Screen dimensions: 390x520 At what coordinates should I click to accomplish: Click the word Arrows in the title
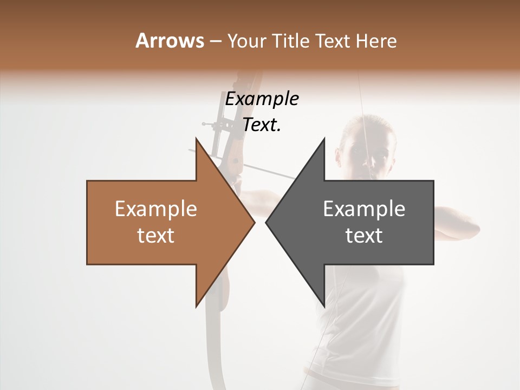pyautogui.click(x=170, y=41)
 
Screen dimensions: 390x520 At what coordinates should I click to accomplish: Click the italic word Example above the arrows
pyautogui.click(x=262, y=99)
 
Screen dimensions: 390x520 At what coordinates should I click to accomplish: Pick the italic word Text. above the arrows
pyautogui.click(x=262, y=125)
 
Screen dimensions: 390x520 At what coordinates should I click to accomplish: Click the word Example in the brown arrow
pyautogui.click(x=155, y=209)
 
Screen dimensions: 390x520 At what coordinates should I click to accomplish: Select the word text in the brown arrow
pyautogui.click(x=155, y=235)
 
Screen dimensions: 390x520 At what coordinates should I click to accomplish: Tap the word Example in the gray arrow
pyautogui.click(x=364, y=209)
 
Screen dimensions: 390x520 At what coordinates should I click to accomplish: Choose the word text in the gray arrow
pyautogui.click(x=364, y=235)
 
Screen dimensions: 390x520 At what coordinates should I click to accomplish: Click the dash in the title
pyautogui.click(x=216, y=41)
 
